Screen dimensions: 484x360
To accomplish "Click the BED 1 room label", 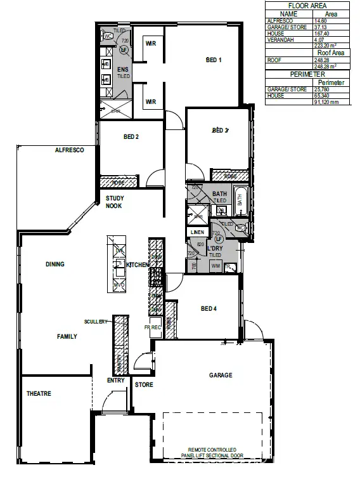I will click(214, 60).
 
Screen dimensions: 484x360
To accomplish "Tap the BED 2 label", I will click(131, 136).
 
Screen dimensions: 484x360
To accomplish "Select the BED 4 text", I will click(209, 308).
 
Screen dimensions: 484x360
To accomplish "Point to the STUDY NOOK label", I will click(114, 202).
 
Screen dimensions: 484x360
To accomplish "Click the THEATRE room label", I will click(39, 393).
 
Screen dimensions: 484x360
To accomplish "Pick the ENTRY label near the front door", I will click(116, 381).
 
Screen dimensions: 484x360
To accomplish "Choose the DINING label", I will click(56, 264).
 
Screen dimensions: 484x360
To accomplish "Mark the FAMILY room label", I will click(67, 336).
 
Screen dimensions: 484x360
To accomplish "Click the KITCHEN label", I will click(138, 265).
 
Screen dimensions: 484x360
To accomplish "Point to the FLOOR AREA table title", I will click(307, 5).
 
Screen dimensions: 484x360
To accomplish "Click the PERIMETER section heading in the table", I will click(307, 74).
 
